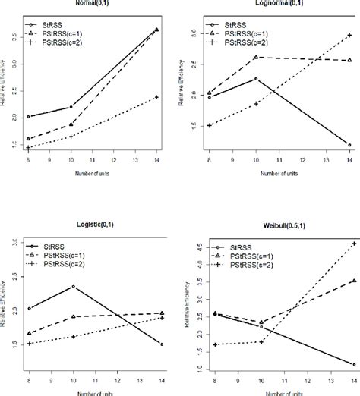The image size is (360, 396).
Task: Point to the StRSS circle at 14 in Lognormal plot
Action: tap(349, 144)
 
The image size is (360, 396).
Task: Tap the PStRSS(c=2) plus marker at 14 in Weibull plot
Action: tap(353, 244)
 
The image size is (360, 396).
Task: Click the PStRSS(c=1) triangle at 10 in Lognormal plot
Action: tap(255, 57)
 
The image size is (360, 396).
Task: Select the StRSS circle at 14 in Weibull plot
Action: tap(354, 364)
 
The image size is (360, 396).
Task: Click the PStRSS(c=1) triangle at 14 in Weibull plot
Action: tap(353, 281)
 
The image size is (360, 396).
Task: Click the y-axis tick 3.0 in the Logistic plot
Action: tap(14, 243)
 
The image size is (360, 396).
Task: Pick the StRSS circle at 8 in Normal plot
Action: tap(28, 116)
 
